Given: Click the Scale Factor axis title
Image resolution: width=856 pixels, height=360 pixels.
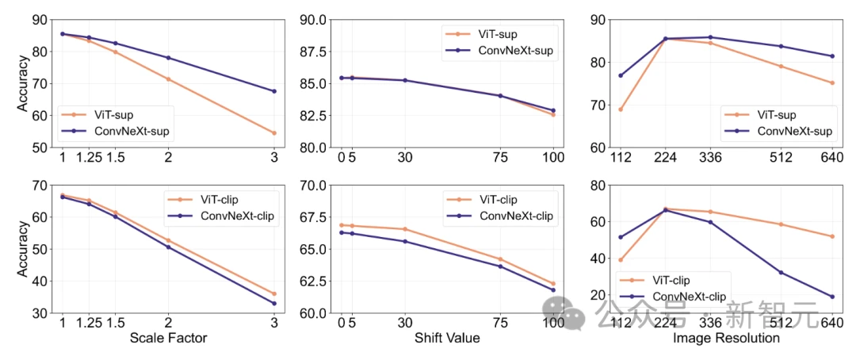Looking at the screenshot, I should (x=168, y=339).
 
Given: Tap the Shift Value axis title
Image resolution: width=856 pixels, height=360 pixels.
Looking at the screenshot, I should (x=447, y=339).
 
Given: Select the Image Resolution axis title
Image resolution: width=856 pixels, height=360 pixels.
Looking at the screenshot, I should (x=726, y=339).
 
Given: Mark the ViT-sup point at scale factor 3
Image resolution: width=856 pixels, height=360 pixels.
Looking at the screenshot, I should (x=274, y=132).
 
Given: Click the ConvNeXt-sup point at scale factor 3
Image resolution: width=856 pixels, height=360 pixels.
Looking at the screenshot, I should (x=274, y=91).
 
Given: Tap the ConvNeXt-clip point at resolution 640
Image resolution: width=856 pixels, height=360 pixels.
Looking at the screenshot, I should (x=832, y=297).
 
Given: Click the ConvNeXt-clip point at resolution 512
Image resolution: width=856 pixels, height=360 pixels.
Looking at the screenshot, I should (x=781, y=273).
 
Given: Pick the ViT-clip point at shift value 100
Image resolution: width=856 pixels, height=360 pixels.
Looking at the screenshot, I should (x=553, y=283).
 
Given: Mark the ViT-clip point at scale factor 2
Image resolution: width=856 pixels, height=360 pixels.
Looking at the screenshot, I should (x=168, y=240).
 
